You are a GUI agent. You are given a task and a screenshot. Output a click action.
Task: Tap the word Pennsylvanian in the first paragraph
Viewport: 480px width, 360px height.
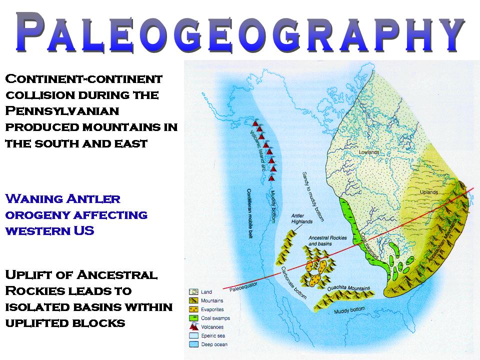(x=62, y=111)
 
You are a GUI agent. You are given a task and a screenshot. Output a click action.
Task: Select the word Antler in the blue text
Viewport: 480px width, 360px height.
(x=93, y=199)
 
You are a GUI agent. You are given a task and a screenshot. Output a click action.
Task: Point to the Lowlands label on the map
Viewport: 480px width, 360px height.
(x=369, y=152)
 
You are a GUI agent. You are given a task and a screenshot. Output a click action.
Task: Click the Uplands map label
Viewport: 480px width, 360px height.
(x=429, y=192)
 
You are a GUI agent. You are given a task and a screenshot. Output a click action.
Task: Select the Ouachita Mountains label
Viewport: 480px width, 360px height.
(x=348, y=288)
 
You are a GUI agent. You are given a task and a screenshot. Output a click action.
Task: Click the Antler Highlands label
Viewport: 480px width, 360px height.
(x=302, y=218)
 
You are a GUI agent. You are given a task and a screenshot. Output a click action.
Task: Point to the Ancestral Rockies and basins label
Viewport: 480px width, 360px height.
(x=327, y=240)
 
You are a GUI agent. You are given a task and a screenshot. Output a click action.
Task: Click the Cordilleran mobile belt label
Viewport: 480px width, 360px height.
(x=250, y=213)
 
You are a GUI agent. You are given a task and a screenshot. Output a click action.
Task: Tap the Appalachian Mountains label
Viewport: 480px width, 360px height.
(x=443, y=240)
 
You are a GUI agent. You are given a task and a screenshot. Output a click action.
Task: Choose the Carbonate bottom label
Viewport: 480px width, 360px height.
(x=294, y=282)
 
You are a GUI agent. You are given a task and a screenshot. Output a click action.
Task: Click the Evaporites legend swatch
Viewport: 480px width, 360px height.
(x=193, y=309)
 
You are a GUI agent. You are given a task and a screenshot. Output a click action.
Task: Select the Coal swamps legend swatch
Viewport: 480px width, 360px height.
(x=193, y=318)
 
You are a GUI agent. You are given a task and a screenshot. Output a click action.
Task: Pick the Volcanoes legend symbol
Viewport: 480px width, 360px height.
(x=194, y=326)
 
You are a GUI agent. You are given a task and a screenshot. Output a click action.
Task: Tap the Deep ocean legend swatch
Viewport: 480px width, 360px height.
(x=193, y=344)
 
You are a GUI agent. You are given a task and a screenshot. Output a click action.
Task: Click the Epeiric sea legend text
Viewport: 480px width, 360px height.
(x=213, y=335)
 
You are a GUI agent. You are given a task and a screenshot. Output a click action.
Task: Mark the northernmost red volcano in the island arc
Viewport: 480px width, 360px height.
(x=255, y=123)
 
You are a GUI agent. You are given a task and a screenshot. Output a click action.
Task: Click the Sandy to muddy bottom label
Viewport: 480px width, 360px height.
(x=313, y=196)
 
